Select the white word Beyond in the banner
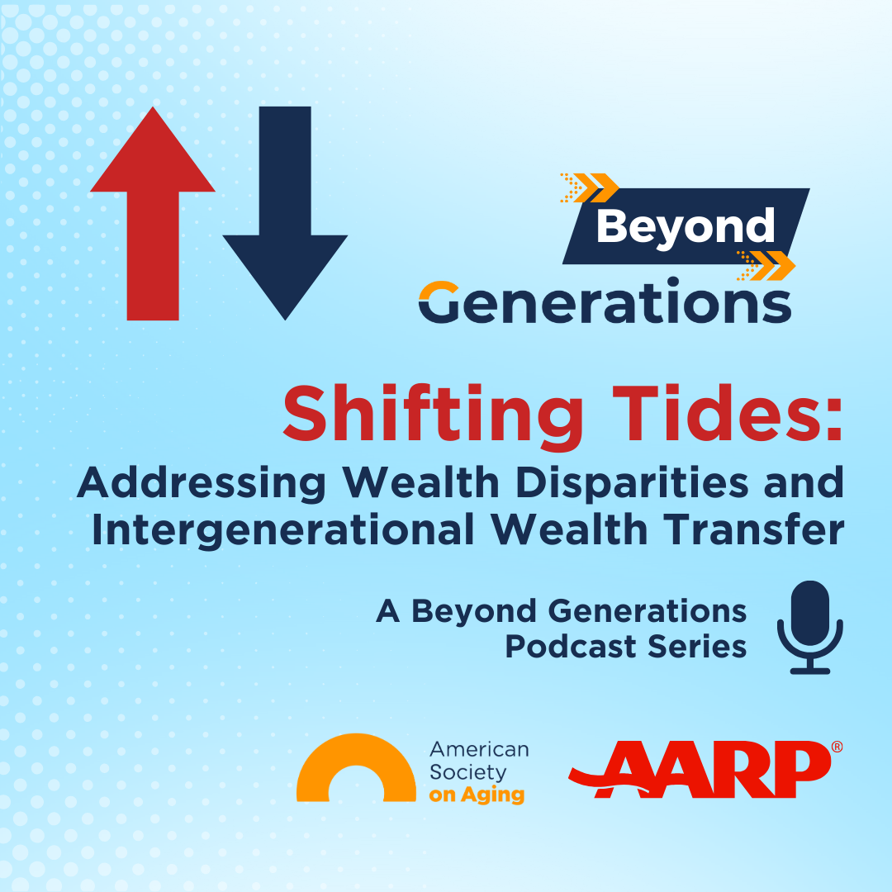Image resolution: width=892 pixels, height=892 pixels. [685, 225]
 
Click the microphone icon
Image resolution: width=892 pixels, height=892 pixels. [809, 627]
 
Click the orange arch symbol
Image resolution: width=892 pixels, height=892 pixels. [356, 768]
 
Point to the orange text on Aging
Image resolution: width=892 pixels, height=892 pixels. [477, 795]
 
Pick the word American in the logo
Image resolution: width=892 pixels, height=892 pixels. [479, 750]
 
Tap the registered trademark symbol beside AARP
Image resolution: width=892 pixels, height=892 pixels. [837, 747]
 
